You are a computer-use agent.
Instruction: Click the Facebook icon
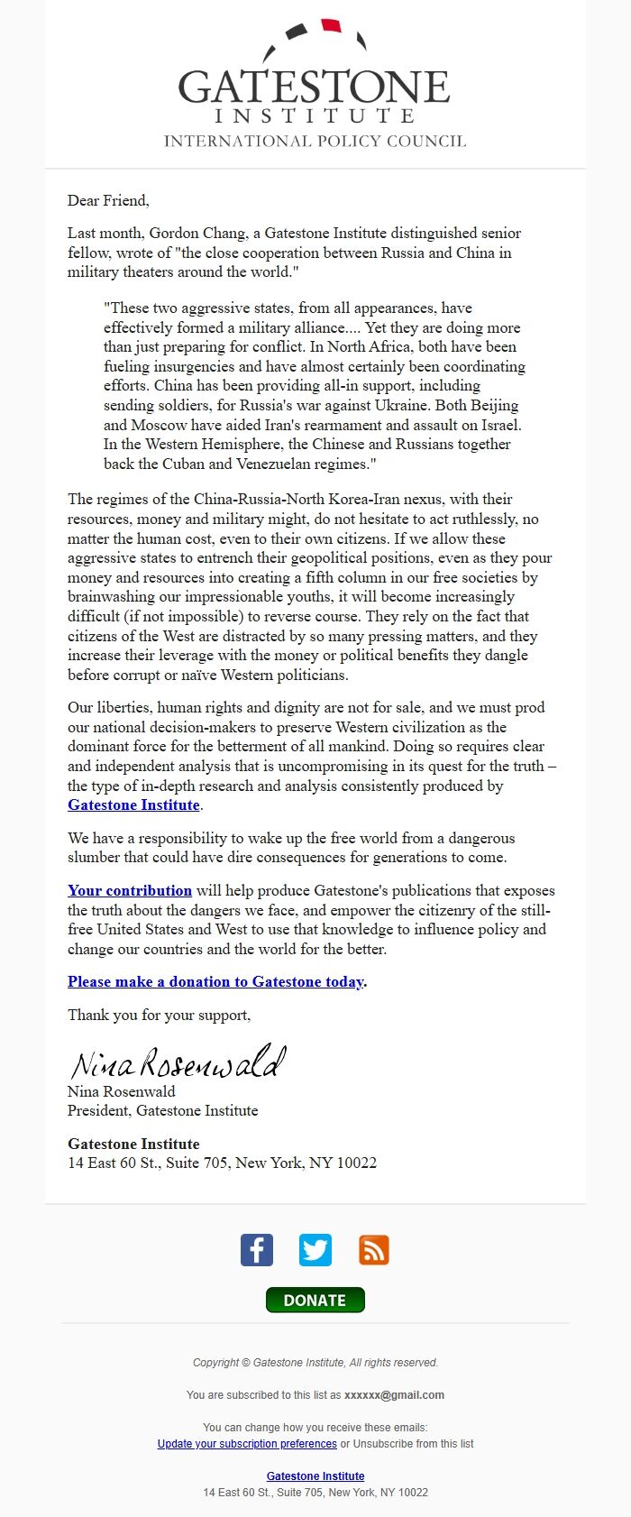(x=257, y=1250)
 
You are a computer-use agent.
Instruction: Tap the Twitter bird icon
(x=315, y=1250)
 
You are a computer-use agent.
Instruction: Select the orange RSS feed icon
(x=374, y=1250)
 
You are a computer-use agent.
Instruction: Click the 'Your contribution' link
(x=130, y=890)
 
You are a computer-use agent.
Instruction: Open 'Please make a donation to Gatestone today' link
(x=215, y=981)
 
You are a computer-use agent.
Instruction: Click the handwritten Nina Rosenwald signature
(x=178, y=1062)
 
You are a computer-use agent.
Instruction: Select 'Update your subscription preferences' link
(x=247, y=1443)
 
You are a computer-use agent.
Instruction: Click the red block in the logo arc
(x=331, y=25)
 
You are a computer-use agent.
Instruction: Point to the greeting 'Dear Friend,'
(x=108, y=200)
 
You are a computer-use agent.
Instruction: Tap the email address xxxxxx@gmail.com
(x=394, y=1394)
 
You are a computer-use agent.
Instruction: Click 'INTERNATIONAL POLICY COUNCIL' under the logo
(x=315, y=141)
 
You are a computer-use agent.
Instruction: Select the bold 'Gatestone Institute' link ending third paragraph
(x=133, y=804)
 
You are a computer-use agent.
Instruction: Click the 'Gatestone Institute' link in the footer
(x=315, y=1476)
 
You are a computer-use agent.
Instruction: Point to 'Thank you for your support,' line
(x=159, y=1015)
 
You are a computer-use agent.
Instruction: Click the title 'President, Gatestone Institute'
(x=162, y=1110)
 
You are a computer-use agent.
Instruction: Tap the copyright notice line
(x=315, y=1362)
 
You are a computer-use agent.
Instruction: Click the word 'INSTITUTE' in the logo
(x=315, y=115)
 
